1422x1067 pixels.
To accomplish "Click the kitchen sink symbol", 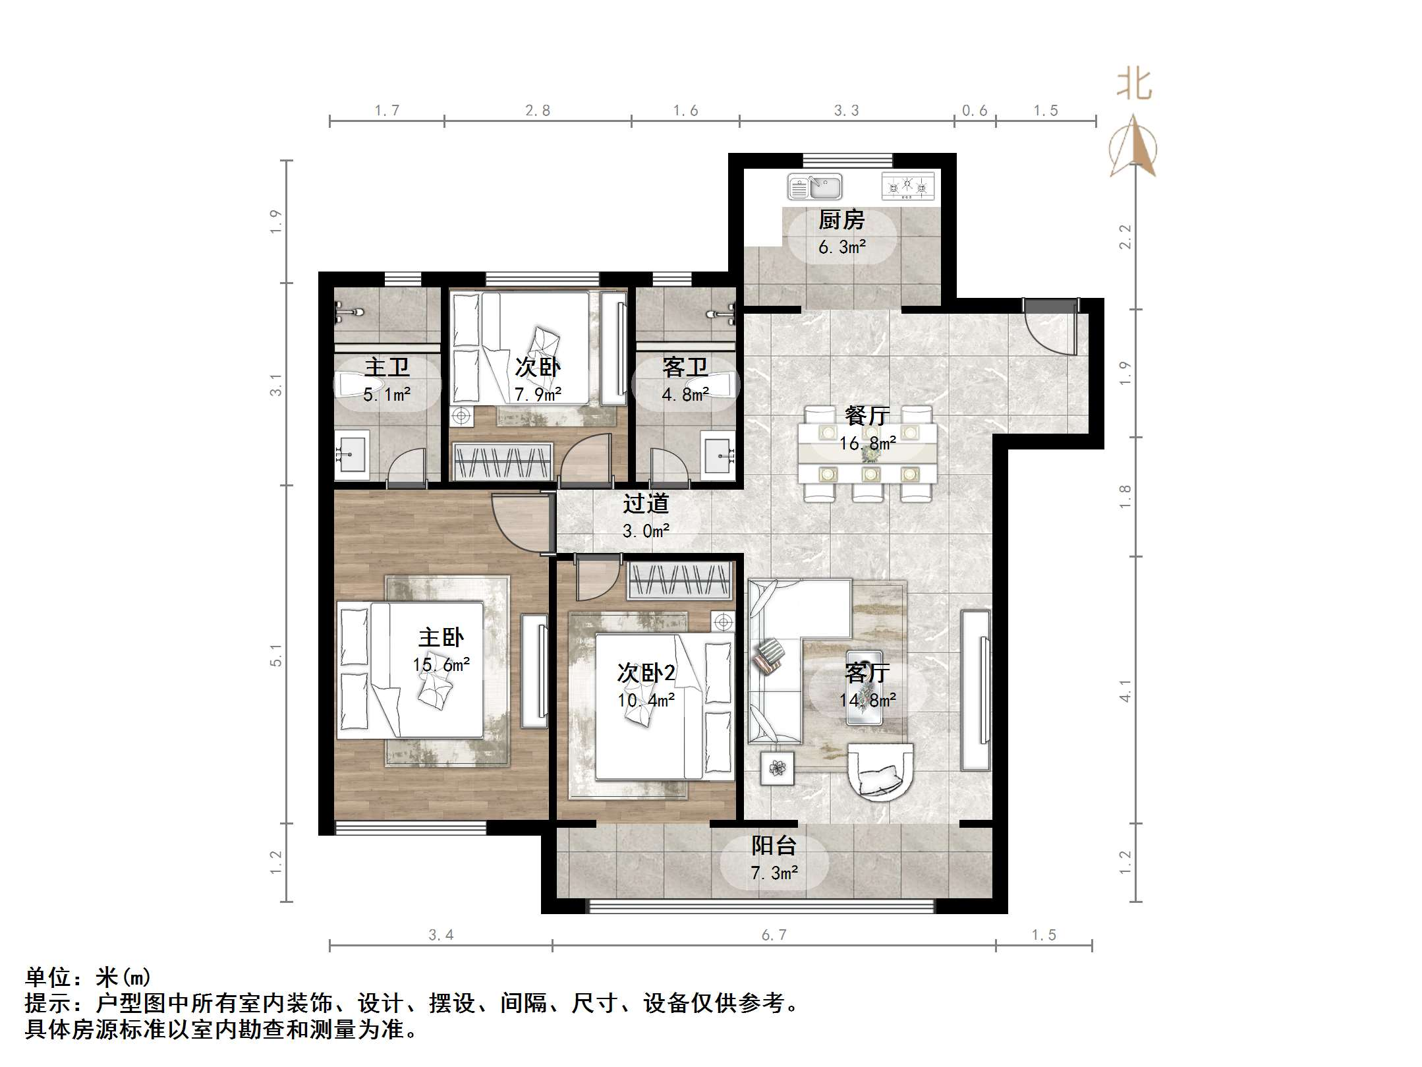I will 814,187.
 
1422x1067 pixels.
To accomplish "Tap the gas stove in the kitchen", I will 908,187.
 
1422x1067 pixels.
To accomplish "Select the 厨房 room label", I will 841,220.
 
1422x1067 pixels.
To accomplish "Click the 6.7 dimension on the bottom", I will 774,935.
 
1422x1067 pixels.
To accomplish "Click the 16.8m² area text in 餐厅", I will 867,443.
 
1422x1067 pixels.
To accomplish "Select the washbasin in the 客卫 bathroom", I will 718,453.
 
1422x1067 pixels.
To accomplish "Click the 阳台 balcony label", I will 774,846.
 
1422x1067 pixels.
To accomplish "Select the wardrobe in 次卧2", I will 679,581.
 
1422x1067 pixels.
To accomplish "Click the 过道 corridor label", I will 646,504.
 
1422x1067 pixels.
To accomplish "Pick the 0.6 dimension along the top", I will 975,111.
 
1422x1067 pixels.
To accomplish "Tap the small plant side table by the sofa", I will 778,768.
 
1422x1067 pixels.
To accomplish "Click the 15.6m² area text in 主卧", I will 441,665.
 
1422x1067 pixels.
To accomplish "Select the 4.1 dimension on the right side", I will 1125,691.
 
